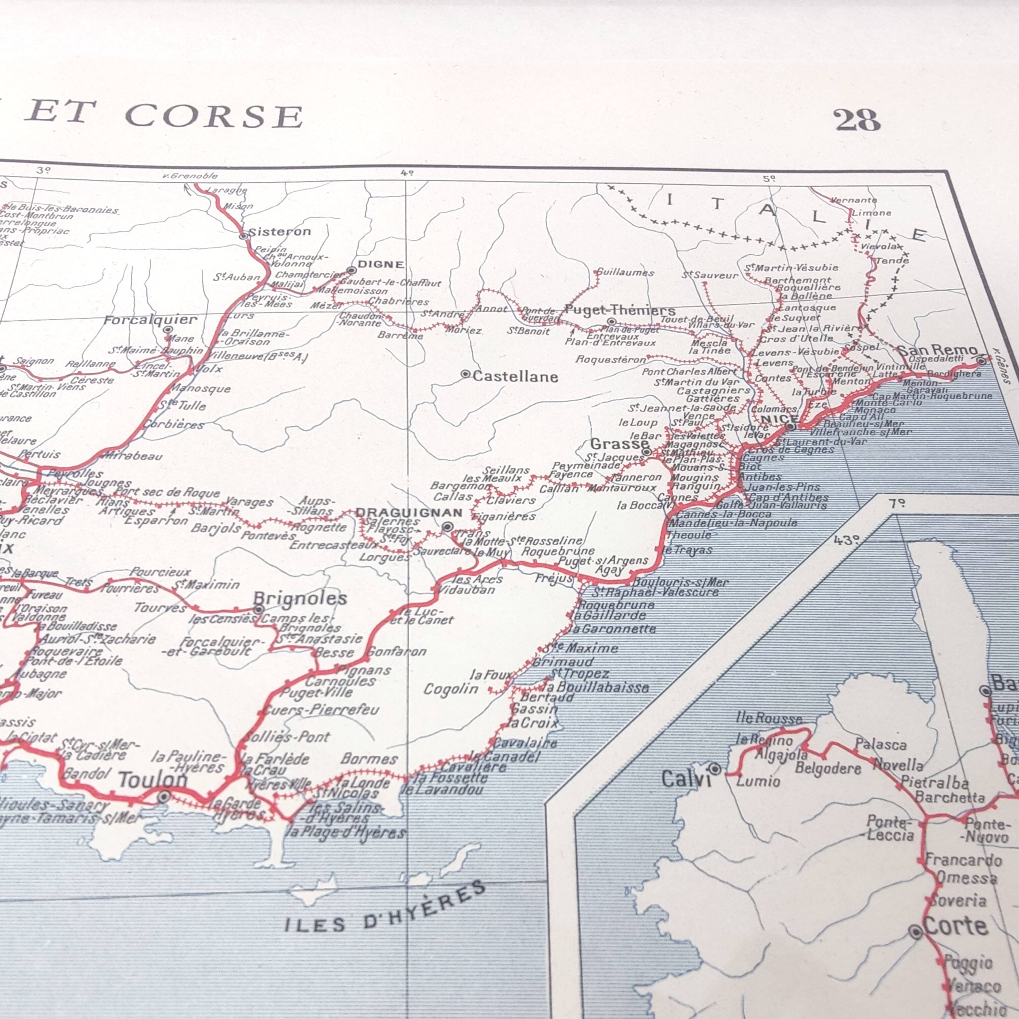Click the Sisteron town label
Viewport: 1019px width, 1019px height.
pos(280,232)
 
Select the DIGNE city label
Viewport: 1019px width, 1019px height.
pos(381,264)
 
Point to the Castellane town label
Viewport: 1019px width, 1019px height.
pos(515,376)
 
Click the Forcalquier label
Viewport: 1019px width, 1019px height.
pos(150,320)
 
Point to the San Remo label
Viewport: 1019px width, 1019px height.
pos(937,350)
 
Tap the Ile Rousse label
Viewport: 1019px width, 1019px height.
pos(769,718)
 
